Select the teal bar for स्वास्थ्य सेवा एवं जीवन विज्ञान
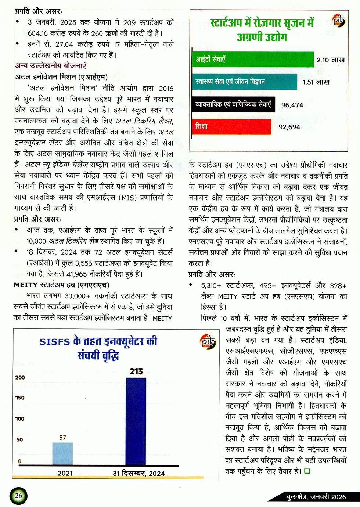[x=244, y=82]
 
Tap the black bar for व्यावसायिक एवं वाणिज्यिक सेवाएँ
[x=233, y=105]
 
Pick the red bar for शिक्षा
[x=231, y=127]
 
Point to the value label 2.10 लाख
[x=331, y=60]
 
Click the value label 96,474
[x=292, y=105]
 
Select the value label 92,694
[x=289, y=127]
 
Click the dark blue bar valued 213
[x=136, y=421]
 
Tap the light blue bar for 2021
[x=62, y=453]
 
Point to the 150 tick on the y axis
[x=20, y=398]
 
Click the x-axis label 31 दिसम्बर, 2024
[x=138, y=474]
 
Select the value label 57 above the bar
[x=63, y=438]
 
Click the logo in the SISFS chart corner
[x=208, y=342]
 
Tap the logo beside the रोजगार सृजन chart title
[x=338, y=21]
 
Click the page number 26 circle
[x=18, y=496]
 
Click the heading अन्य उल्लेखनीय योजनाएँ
[x=51, y=66]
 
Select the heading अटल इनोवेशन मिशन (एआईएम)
[x=61, y=77]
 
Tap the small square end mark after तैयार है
[x=307, y=471]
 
